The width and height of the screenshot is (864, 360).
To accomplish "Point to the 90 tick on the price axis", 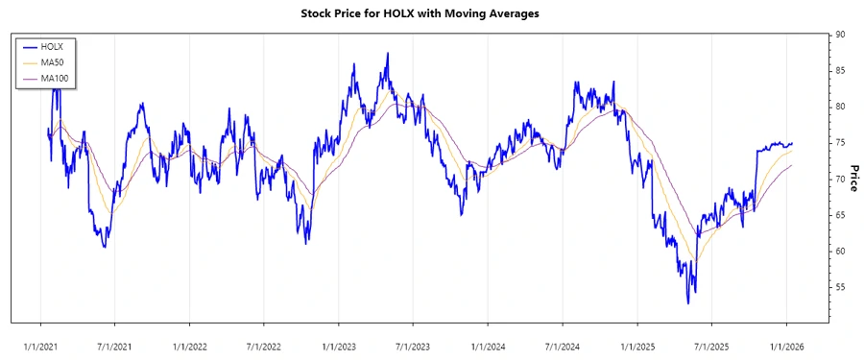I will pyautogui.click(x=840, y=35).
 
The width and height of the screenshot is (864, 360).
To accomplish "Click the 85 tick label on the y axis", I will pyautogui.click(x=840, y=71).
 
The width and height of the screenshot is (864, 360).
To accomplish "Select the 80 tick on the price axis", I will pyautogui.click(x=840, y=107).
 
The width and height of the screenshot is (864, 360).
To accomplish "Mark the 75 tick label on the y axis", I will pyautogui.click(x=840, y=143).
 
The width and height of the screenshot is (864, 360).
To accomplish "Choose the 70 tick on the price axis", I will pyautogui.click(x=840, y=180).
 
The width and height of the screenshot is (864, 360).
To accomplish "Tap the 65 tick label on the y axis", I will pyautogui.click(x=840, y=215).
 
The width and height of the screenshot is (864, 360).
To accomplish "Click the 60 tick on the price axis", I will pyautogui.click(x=840, y=252).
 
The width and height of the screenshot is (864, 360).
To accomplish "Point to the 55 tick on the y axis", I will pyautogui.click(x=840, y=287).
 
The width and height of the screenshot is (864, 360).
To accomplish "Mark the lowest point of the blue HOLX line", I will pyautogui.click(x=687, y=303).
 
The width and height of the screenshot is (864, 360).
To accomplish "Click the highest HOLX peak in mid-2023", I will pyautogui.click(x=387, y=54).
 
